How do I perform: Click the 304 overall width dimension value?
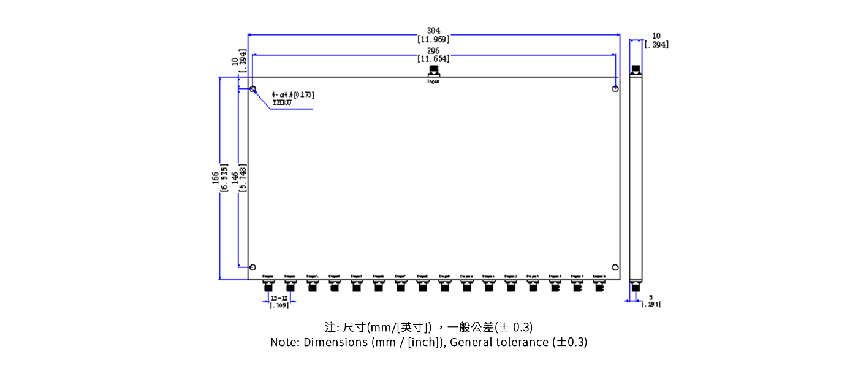pos(433,31)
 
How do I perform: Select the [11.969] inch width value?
pos(433,39)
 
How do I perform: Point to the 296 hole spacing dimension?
pos(433,51)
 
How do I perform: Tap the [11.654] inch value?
pos(433,59)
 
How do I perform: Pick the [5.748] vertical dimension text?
pos(243,178)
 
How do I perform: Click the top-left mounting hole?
pos(252,89)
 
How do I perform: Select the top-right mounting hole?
pos(615,89)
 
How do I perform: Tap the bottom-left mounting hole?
pos(252,267)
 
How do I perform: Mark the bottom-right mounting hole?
pos(615,267)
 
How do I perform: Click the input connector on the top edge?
pos(433,72)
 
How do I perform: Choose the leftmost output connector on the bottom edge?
pos(268,286)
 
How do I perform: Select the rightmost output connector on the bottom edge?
pos(599,286)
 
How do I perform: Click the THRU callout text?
pos(282,102)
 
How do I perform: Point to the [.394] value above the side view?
pos(656,45)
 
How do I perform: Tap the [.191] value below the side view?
pos(651,304)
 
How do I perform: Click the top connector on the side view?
pos(636,70)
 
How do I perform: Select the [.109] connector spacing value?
pos(279,305)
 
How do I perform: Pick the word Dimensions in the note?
pos(336,342)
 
